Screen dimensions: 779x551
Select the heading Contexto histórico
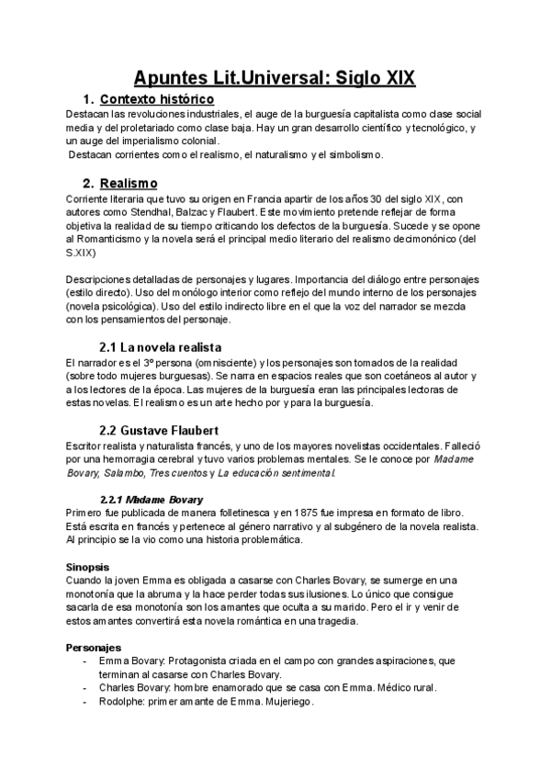(x=156, y=98)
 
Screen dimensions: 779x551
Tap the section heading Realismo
(x=129, y=183)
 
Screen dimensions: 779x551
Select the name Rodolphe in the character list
(x=122, y=702)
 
